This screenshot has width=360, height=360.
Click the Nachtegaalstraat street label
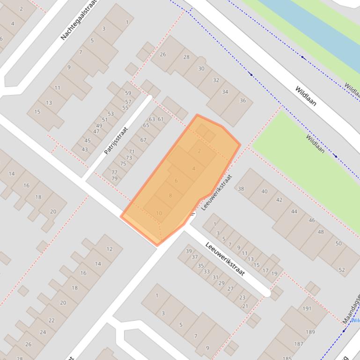81,20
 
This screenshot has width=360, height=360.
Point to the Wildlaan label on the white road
306,96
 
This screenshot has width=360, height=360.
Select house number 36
242,101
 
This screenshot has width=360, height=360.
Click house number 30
201,68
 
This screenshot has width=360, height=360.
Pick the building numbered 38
241,189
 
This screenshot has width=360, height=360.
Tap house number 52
342,270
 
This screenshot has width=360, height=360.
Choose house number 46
312,220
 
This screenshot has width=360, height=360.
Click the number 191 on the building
307,309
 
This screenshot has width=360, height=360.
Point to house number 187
299,344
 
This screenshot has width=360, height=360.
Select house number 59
128,93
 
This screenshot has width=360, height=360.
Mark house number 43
85,150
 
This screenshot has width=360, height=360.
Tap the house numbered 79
115,179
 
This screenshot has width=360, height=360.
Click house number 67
143,140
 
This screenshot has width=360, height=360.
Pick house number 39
189,251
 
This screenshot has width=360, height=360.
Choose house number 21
245,306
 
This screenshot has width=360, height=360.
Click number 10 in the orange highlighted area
159,213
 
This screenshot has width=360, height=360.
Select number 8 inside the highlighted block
170,196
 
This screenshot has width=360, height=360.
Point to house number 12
110,249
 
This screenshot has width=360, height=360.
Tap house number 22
51,320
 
